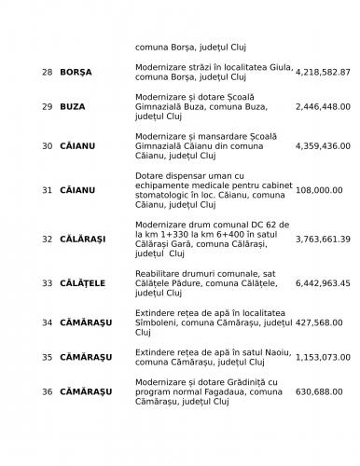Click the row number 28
47,72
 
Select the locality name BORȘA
76,72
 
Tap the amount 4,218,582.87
323,72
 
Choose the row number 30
47,146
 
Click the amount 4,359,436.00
323,146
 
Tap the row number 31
47,190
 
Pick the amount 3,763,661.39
323,239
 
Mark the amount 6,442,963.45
323,282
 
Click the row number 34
47,322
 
